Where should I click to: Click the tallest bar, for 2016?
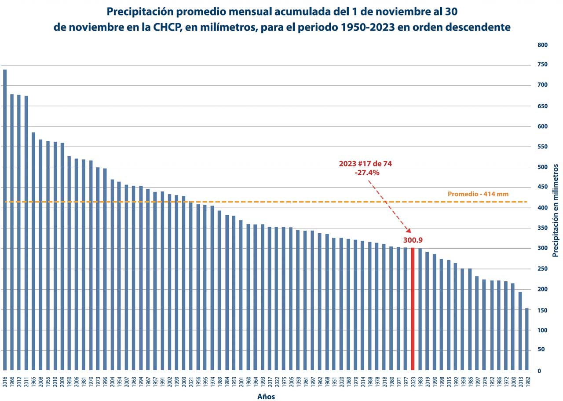coord(5,220)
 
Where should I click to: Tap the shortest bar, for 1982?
coord(527,339)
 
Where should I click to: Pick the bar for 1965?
coord(33,251)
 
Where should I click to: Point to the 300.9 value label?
coord(413,240)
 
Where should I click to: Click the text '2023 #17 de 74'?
coord(365,163)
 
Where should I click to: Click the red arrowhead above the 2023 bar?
coord(409,231)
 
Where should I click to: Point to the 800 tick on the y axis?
coord(542,45)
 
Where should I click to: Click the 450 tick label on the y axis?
coord(542,188)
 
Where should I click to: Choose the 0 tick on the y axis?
coord(539,371)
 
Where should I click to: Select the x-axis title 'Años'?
coord(266,397)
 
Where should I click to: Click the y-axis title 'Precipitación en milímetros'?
coord(556,210)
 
